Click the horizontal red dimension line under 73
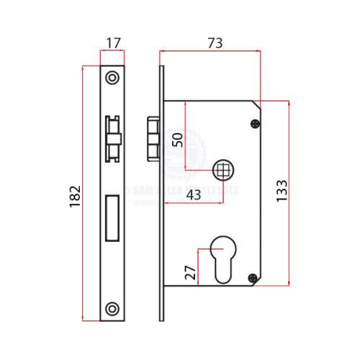[209, 51]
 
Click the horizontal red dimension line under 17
[111, 51]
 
